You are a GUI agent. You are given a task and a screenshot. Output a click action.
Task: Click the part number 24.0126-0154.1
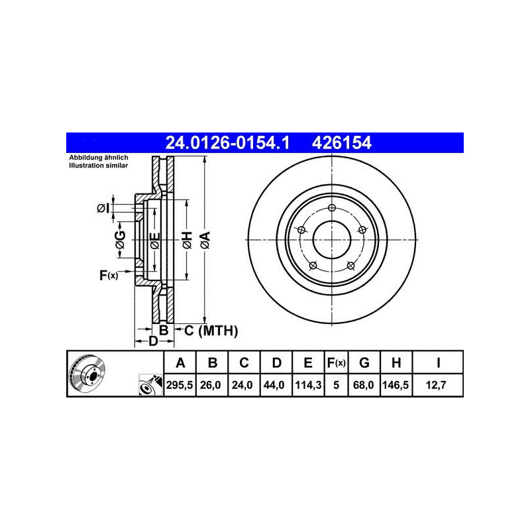[x=227, y=142]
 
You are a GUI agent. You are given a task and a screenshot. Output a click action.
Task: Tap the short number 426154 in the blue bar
[x=341, y=142]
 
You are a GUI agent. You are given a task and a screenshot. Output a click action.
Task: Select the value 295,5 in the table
[x=180, y=385]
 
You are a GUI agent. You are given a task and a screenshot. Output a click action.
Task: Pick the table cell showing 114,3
[x=308, y=385]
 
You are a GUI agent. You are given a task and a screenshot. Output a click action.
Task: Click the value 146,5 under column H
[x=396, y=385]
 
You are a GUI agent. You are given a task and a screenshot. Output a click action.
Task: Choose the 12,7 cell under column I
[x=436, y=385]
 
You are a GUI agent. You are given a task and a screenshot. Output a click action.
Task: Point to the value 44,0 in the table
[x=274, y=385]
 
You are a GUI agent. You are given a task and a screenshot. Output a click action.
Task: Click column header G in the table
[x=364, y=362]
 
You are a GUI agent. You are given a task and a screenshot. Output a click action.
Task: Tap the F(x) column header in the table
[x=336, y=362]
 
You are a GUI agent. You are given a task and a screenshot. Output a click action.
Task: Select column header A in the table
[x=180, y=362]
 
